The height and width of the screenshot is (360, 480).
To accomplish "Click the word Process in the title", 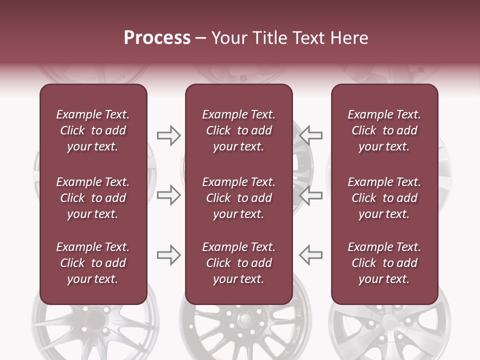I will click(x=157, y=38).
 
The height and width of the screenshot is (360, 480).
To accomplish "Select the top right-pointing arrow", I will click(x=168, y=135).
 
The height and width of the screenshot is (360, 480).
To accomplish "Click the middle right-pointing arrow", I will click(x=168, y=195).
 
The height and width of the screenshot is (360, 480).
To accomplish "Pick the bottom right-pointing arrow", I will click(x=168, y=255).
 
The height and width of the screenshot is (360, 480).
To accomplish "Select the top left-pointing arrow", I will click(x=311, y=135).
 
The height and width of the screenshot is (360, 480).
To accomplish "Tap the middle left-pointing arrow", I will click(x=311, y=195).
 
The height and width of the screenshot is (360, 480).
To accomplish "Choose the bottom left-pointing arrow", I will click(x=311, y=255).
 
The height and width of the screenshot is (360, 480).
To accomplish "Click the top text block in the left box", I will click(x=93, y=130).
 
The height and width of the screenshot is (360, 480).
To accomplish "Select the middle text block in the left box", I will click(x=93, y=198).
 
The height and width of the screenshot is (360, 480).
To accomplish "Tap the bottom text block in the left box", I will click(x=93, y=263).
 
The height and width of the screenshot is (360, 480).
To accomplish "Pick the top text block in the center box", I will click(x=239, y=130).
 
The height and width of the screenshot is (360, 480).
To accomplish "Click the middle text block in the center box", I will click(x=239, y=198).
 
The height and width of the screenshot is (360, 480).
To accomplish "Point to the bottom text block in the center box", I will click(x=239, y=263).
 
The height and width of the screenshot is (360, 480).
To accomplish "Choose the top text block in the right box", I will click(x=384, y=130).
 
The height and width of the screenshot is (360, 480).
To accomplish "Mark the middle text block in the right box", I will click(x=384, y=198).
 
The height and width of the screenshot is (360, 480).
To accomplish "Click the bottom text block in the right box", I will click(x=384, y=263).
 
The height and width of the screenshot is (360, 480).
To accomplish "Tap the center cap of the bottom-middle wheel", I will click(x=245, y=320).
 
